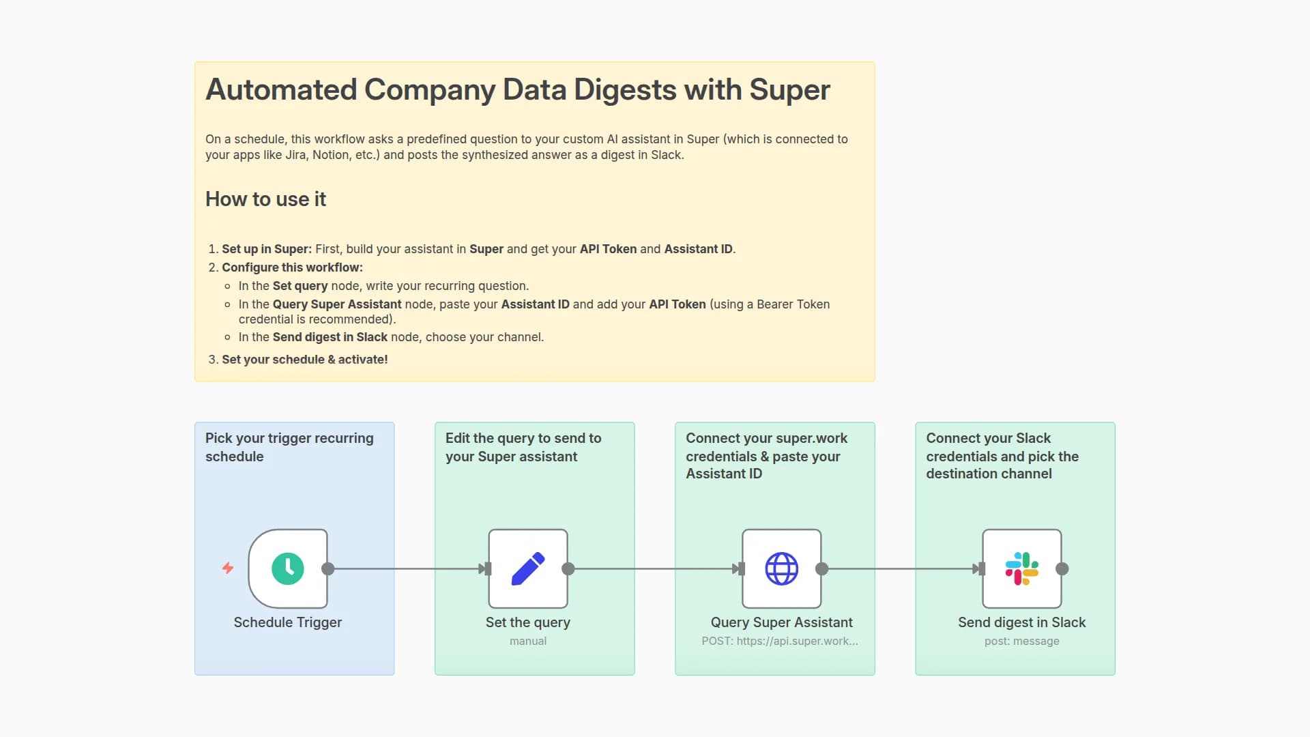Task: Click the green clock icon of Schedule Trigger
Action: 287,568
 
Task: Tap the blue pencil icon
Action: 527,568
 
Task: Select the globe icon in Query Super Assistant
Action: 781,568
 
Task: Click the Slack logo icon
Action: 1021,568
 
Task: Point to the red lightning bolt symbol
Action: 228,568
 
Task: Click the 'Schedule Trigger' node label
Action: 287,622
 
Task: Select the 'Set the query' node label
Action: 527,622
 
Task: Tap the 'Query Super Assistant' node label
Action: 781,622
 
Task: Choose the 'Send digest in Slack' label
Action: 1021,622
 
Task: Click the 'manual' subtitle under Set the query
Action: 527,641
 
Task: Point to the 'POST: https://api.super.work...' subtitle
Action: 780,641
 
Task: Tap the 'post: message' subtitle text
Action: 1021,641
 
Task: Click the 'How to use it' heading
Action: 265,199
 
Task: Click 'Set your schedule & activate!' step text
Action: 304,360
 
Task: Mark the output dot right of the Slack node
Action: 1062,568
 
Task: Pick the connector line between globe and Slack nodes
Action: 901,568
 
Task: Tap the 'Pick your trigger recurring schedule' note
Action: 289,447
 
